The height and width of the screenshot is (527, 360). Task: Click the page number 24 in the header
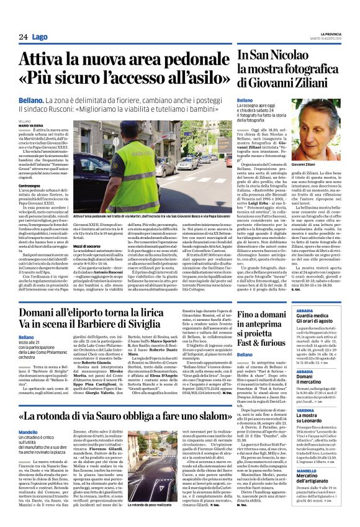click(23, 37)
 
